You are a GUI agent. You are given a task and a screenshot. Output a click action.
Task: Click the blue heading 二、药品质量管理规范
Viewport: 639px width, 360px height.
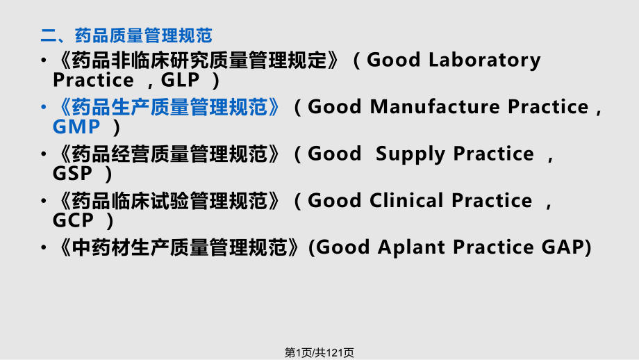(x=126, y=35)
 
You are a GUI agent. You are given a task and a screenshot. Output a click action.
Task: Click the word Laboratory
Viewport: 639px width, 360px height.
(x=485, y=60)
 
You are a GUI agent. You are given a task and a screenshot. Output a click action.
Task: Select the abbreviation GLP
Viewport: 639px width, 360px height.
(x=180, y=80)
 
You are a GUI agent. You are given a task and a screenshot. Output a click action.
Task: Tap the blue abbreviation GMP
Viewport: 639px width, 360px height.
(x=76, y=126)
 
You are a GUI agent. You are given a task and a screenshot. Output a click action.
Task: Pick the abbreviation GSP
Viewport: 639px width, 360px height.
(x=72, y=174)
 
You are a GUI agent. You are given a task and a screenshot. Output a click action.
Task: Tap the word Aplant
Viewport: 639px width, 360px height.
(x=411, y=248)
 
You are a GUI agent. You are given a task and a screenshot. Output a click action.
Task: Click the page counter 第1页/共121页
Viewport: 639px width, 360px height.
(x=319, y=352)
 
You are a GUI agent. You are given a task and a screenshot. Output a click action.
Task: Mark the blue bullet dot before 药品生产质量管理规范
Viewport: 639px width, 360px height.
(x=44, y=107)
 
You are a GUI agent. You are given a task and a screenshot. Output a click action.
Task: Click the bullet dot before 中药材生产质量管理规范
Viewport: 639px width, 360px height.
(x=44, y=247)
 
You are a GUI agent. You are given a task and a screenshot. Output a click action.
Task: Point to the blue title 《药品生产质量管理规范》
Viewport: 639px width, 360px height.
(x=167, y=107)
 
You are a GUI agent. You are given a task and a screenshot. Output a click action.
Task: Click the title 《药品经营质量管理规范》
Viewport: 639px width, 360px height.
(x=167, y=154)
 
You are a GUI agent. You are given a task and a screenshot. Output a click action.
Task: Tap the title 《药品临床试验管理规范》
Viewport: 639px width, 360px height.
(x=167, y=201)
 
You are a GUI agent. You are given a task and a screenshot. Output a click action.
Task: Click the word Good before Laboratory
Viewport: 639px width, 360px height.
(x=394, y=60)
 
